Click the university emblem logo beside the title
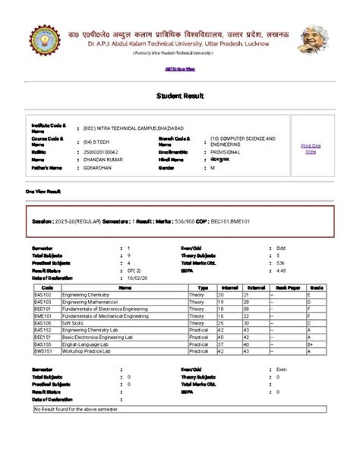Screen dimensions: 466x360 (44, 40)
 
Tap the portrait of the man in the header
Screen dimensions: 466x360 (313, 40)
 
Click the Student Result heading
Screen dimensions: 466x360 (180, 96)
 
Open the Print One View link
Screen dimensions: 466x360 (311, 149)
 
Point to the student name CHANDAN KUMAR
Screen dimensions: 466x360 (103, 160)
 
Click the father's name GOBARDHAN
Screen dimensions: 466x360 (97, 168)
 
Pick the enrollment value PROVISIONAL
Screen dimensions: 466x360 (225, 152)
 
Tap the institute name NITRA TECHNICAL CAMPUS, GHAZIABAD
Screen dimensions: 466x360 (130, 129)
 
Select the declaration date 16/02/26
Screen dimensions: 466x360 (137, 277)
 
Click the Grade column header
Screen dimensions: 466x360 (316, 288)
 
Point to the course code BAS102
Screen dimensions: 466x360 (44, 295)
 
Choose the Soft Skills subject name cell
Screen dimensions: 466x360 (73, 323)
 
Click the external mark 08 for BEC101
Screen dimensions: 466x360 (246, 309)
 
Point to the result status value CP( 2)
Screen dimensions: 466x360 (134, 270)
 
